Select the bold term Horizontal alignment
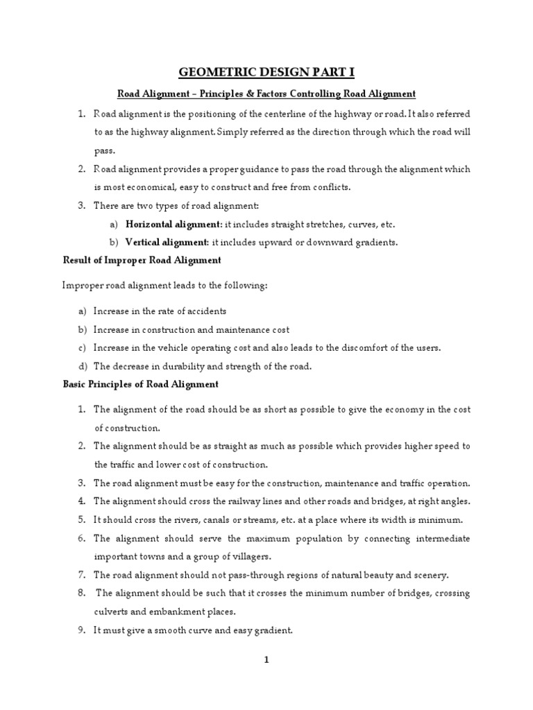point(164,225)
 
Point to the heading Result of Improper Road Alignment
point(142,260)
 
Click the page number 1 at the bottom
point(266,660)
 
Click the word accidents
point(203,311)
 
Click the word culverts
point(112,612)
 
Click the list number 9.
point(81,630)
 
